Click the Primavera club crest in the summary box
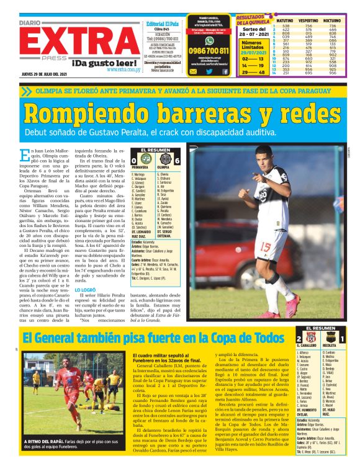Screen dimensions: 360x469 (142, 162)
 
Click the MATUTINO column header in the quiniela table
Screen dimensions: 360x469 (279, 20)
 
